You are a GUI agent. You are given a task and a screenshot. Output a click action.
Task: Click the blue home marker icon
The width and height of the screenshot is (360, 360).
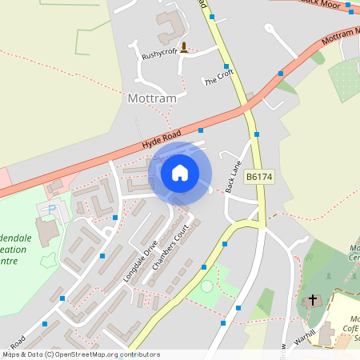[x=180, y=173]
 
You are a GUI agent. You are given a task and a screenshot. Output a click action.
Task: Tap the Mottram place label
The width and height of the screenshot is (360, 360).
[x=152, y=99]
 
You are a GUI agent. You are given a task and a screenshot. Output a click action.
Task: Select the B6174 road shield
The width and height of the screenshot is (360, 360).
[x=260, y=177]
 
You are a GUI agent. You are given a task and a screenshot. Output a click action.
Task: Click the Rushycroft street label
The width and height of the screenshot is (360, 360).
[x=159, y=55]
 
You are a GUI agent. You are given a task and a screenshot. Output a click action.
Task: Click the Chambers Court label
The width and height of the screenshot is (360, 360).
[x=167, y=261]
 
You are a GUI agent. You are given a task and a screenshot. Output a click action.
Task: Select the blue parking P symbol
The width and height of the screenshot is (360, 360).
[x=53, y=210]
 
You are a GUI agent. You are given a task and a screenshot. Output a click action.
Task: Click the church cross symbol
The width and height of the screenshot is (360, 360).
[x=311, y=302]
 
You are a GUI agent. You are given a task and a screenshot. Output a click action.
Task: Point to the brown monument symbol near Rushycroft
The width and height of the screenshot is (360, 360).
[x=185, y=47]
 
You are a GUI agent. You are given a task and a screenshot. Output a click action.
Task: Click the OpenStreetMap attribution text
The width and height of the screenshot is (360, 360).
[x=81, y=354]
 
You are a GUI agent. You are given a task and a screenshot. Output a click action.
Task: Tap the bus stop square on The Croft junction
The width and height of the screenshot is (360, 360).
[x=226, y=66]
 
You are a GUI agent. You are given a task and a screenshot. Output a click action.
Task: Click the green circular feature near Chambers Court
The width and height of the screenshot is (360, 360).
[x=207, y=286]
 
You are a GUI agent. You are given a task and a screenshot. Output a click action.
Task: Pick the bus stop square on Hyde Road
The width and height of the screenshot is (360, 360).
[x=201, y=130]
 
